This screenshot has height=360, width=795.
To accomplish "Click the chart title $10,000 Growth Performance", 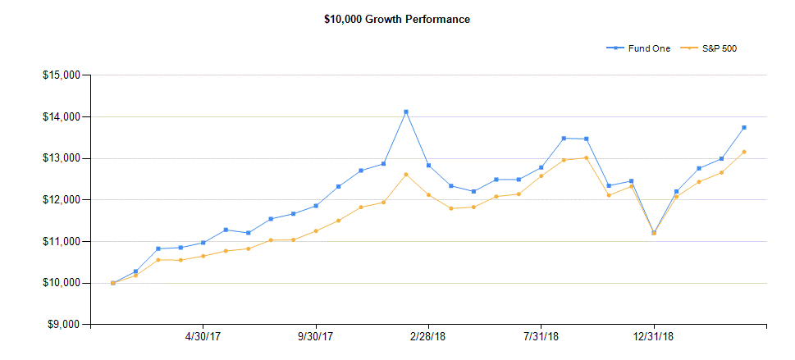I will pyautogui.click(x=397, y=19).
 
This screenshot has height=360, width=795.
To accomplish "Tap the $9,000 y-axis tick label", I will pyautogui.click(x=62, y=325).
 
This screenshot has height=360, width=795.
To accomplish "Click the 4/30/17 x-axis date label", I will pyautogui.click(x=203, y=337).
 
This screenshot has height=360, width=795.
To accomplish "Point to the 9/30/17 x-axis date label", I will pyautogui.click(x=315, y=337).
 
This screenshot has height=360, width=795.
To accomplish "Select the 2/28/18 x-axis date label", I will pyautogui.click(x=428, y=337).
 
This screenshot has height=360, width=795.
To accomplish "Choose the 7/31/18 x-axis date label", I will pyautogui.click(x=541, y=337).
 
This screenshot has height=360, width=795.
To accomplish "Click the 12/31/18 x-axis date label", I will pyautogui.click(x=654, y=337).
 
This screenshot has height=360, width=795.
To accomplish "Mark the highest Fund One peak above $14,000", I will pyautogui.click(x=406, y=112).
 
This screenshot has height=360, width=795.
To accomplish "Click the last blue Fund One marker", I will pyautogui.click(x=744, y=127).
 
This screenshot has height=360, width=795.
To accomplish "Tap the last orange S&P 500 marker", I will pyautogui.click(x=744, y=152).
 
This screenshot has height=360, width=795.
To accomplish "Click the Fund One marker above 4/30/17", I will pyautogui.click(x=203, y=243).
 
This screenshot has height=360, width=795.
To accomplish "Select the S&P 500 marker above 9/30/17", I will pyautogui.click(x=316, y=230).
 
